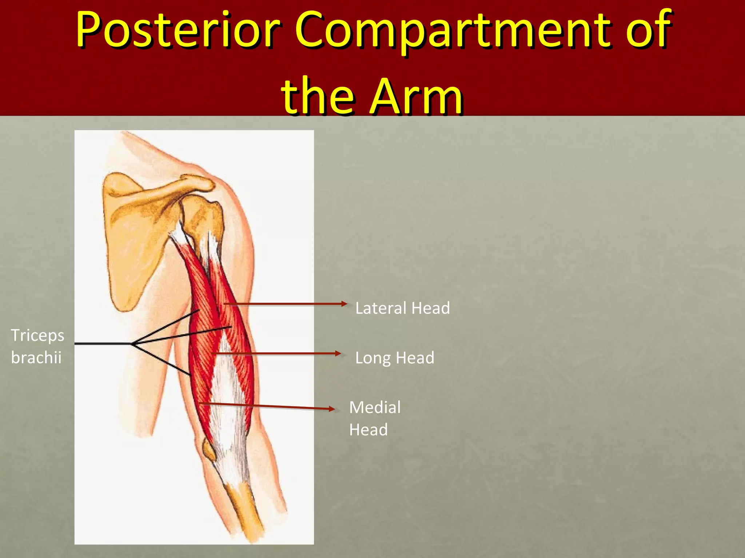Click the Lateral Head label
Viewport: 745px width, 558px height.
(402, 308)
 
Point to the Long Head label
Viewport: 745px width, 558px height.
(395, 358)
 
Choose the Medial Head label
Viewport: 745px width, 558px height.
(375, 418)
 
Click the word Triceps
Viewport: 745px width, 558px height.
(37, 335)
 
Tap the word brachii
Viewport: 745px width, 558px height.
(36, 358)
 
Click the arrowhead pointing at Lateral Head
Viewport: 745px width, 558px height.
(344, 304)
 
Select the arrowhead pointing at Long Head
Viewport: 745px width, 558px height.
(338, 353)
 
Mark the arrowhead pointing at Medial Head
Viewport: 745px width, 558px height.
(331, 409)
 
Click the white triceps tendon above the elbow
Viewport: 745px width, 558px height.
(227, 418)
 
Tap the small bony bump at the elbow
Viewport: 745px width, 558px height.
(208, 450)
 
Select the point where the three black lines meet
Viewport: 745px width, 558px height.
(132, 344)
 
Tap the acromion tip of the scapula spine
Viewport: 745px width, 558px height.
(204, 183)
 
